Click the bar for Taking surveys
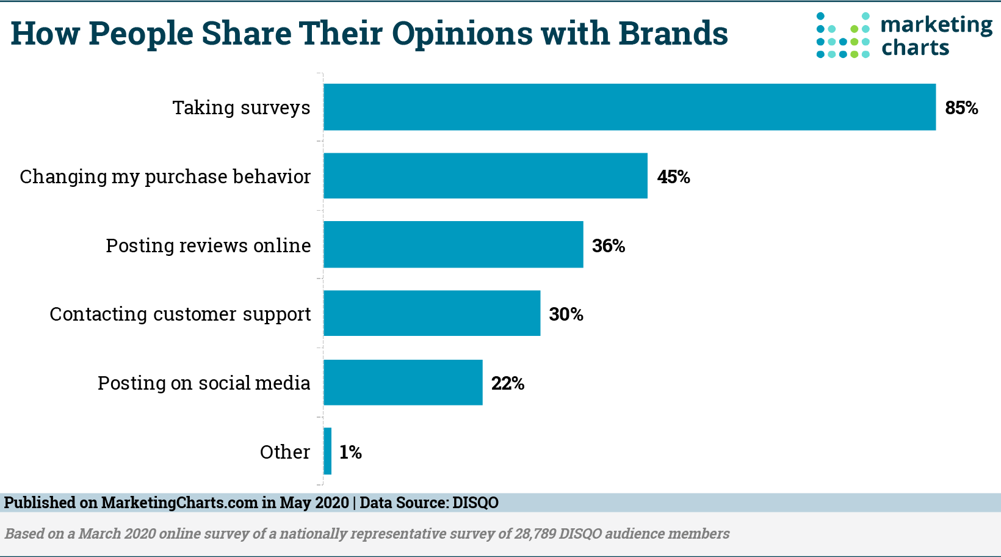tap(629, 107)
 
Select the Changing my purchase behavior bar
tap(485, 176)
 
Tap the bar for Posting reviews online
tap(453, 244)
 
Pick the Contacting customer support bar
tap(432, 313)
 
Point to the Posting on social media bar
tap(403, 382)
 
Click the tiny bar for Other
tap(328, 451)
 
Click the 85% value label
tap(961, 108)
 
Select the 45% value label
tap(673, 177)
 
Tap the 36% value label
tap(609, 246)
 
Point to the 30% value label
tap(566, 315)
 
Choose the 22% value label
tap(508, 384)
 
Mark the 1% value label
tap(350, 453)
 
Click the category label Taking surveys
tap(241, 108)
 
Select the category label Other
tap(284, 452)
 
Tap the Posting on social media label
tap(204, 383)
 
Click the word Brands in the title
tap(673, 33)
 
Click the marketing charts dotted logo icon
tap(843, 35)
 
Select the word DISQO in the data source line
tap(475, 503)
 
